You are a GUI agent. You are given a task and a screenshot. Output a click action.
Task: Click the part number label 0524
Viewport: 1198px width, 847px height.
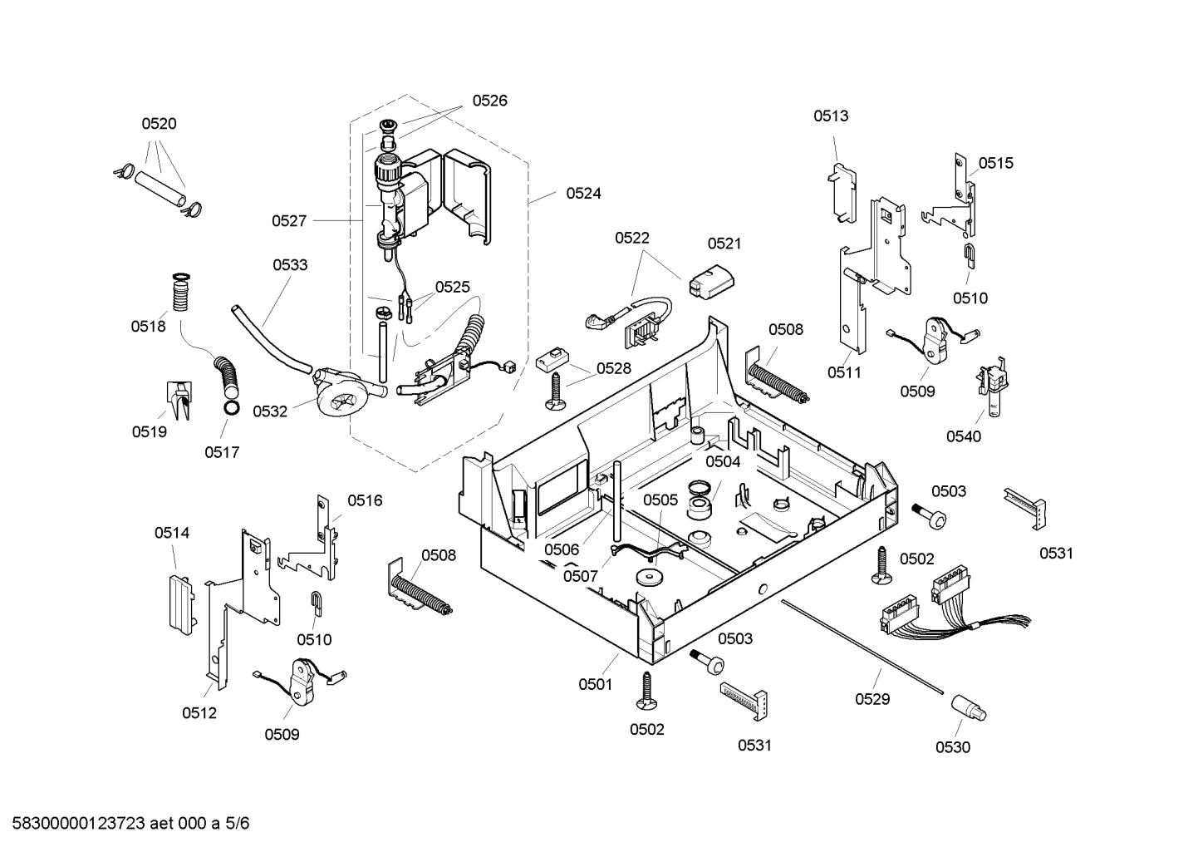tap(583, 193)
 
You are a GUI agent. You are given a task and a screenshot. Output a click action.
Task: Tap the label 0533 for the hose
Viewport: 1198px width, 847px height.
tap(290, 265)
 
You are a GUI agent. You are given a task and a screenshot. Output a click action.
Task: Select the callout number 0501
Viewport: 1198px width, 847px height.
tap(595, 684)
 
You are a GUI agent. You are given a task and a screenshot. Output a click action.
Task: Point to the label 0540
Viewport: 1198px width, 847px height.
tap(964, 436)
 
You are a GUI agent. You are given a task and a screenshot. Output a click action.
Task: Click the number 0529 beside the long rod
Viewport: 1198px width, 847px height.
tap(872, 699)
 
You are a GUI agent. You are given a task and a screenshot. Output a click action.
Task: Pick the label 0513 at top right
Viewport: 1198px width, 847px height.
tap(831, 116)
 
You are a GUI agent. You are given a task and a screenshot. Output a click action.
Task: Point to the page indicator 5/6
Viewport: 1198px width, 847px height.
tap(237, 824)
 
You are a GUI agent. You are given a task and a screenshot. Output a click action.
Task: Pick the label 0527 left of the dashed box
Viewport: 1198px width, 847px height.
tap(289, 220)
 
